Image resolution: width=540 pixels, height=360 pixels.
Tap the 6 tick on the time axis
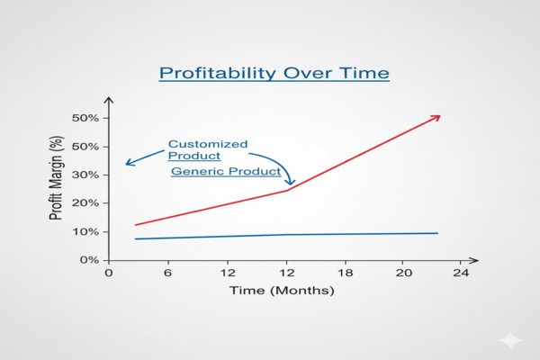click(x=167, y=274)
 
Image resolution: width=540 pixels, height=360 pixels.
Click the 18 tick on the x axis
click(x=346, y=274)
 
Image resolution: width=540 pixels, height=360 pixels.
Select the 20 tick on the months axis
click(x=404, y=274)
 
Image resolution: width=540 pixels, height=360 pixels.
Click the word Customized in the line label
click(x=208, y=144)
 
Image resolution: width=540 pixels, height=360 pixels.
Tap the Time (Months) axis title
click(x=281, y=291)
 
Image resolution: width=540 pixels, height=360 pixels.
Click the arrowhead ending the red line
click(x=438, y=116)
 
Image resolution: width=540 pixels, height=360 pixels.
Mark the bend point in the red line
click(x=288, y=190)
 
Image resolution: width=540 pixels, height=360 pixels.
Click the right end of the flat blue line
click(x=437, y=233)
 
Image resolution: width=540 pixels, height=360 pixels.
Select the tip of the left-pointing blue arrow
click(x=127, y=165)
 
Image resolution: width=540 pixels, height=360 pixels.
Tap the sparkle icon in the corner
click(x=510, y=339)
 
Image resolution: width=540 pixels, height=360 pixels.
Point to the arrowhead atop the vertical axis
click(x=108, y=99)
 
